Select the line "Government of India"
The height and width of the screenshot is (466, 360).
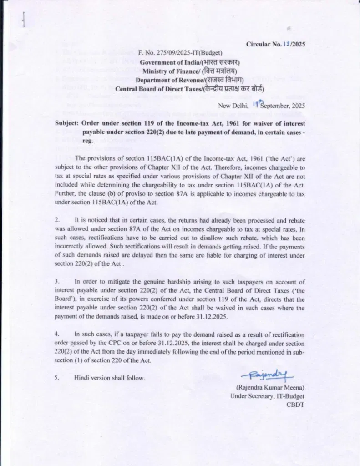click(x=190, y=62)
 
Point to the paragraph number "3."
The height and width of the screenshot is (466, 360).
click(x=58, y=282)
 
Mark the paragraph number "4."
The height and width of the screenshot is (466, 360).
click(x=58, y=334)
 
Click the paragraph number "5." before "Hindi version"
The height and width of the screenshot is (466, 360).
click(x=58, y=377)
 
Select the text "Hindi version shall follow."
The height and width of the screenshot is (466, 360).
click(x=110, y=377)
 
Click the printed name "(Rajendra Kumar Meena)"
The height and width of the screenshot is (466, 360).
click(x=270, y=387)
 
